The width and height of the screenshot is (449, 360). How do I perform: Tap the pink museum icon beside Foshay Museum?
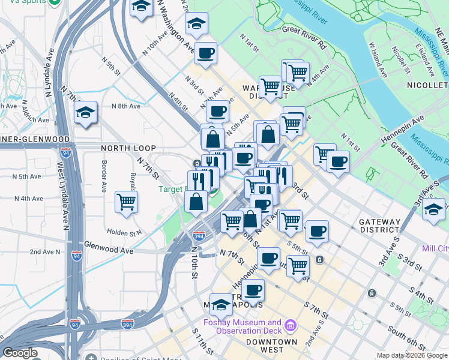tap(292, 326)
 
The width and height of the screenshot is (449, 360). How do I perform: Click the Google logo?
tap(20, 353)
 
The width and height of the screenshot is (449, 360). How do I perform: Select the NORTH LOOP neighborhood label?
tap(128, 148)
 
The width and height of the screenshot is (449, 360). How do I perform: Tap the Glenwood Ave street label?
tap(108, 245)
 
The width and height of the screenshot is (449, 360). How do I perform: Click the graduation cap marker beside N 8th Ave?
tap(86, 112)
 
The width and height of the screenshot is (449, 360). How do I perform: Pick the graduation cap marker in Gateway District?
tap(433, 211)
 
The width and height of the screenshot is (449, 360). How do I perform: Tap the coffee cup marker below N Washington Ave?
tap(205, 53)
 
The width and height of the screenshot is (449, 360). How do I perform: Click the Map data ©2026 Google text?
tap(411, 355)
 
